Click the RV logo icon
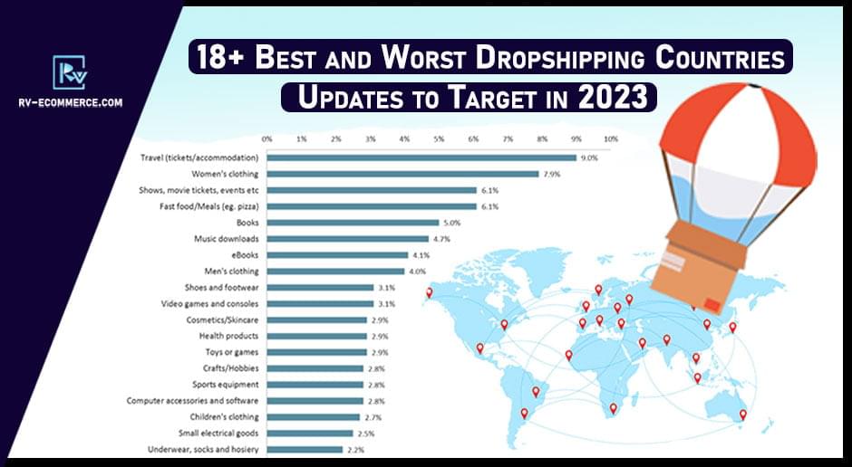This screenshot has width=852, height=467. (70, 72)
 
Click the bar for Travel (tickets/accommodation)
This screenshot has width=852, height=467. (421, 157)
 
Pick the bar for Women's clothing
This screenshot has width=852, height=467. (402, 174)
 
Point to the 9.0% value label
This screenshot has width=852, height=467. (589, 157)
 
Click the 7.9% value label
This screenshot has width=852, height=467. (551, 174)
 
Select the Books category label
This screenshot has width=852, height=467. (247, 223)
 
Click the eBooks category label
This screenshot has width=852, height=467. (246, 255)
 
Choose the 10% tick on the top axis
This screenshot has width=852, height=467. (611, 139)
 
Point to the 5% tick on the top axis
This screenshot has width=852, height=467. (439, 139)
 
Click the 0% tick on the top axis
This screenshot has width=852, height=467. (266, 139)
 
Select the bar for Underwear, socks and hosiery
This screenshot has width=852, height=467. (305, 450)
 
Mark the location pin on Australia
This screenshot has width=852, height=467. (743, 415)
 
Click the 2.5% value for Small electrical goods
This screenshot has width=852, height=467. (365, 434)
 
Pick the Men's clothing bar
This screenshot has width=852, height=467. (335, 272)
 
